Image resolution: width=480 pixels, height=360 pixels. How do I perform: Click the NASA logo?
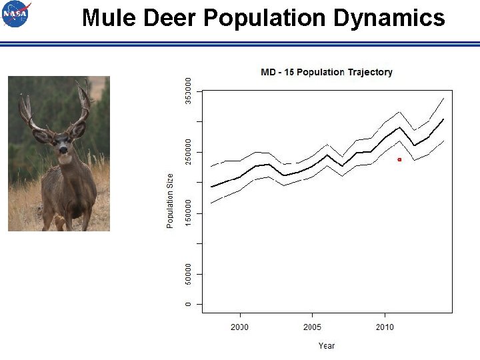pyautogui.click(x=16, y=14)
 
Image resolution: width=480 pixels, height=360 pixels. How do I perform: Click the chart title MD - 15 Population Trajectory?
pyautogui.click(x=326, y=72)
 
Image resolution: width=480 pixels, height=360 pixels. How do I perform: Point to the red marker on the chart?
pyautogui.click(x=399, y=159)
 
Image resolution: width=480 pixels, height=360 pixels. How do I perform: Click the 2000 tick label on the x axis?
pyautogui.click(x=239, y=327)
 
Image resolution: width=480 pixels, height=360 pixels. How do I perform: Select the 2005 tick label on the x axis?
pyautogui.click(x=312, y=327)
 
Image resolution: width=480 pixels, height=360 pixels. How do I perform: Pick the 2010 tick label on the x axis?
pyautogui.click(x=385, y=327)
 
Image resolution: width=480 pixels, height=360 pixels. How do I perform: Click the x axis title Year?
pyautogui.click(x=326, y=346)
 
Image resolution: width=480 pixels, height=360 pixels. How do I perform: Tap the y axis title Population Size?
pyautogui.click(x=170, y=201)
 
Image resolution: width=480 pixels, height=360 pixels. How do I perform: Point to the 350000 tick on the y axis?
pyautogui.click(x=189, y=90)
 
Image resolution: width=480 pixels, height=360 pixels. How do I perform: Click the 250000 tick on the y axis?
pyautogui.click(x=189, y=152)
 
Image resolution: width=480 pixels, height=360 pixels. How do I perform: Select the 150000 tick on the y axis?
pyautogui.click(x=189, y=213)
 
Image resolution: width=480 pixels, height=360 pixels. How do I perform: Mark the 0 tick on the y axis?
pyautogui.click(x=189, y=304)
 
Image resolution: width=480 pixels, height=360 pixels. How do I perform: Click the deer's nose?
pyautogui.click(x=63, y=151)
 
